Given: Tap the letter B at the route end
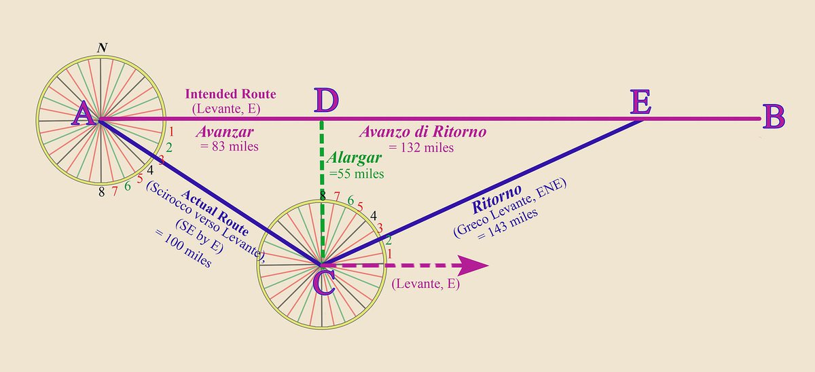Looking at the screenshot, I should pyautogui.click(x=774, y=117).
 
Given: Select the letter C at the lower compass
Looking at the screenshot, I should pyautogui.click(x=324, y=282).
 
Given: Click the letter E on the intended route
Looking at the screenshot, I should pyautogui.click(x=640, y=103).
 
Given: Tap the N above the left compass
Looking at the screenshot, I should pyautogui.click(x=102, y=48).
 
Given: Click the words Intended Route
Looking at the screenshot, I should pyautogui.click(x=231, y=94).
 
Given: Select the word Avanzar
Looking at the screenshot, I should pyautogui.click(x=222, y=131).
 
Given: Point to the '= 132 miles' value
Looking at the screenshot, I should pyautogui.click(x=421, y=147).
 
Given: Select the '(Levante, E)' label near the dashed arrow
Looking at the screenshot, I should pyautogui.click(x=426, y=284).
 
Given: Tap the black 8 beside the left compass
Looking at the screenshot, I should pyautogui.click(x=101, y=192).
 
